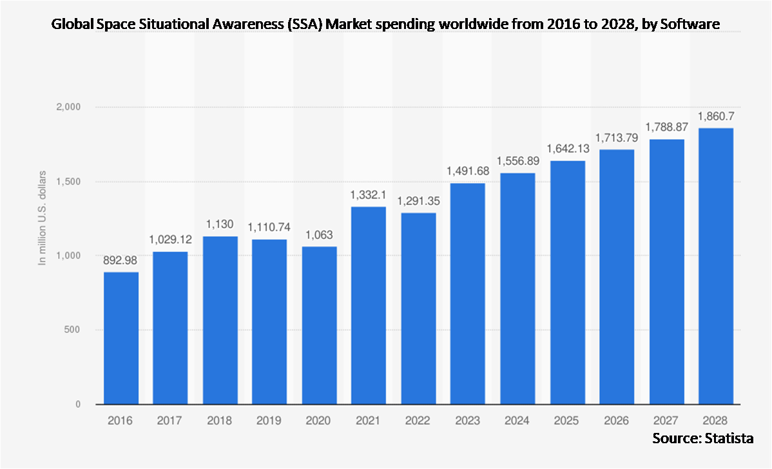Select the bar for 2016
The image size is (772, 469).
pos(121,338)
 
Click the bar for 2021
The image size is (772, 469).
pos(369,305)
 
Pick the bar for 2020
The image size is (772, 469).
pos(319,325)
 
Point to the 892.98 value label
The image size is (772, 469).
pos(121,262)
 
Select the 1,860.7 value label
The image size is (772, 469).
pos(716,117)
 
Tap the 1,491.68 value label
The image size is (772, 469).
pos(468,171)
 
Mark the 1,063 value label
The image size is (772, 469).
pos(319,235)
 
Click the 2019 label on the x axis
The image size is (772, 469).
pos(269,421)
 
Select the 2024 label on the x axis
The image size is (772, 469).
pos(517,421)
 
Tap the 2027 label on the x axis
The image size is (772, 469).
pos(666,421)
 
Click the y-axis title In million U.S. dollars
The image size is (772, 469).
pos(43,217)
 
